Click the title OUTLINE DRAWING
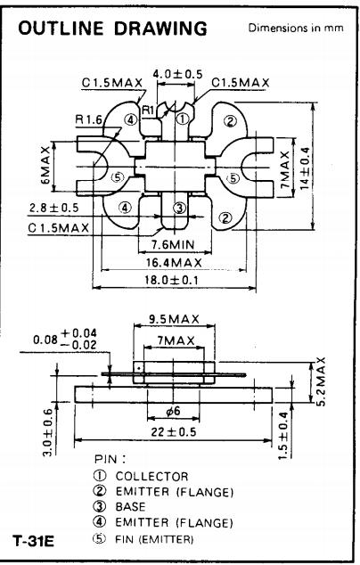(112, 29)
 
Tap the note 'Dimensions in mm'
(296, 28)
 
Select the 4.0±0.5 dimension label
(177, 74)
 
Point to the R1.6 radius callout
(88, 119)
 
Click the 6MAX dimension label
(45, 166)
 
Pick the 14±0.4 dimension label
(305, 168)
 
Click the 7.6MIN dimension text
(173, 245)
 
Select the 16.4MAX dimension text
(174, 262)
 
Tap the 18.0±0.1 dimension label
(171, 280)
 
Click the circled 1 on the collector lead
(183, 119)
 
